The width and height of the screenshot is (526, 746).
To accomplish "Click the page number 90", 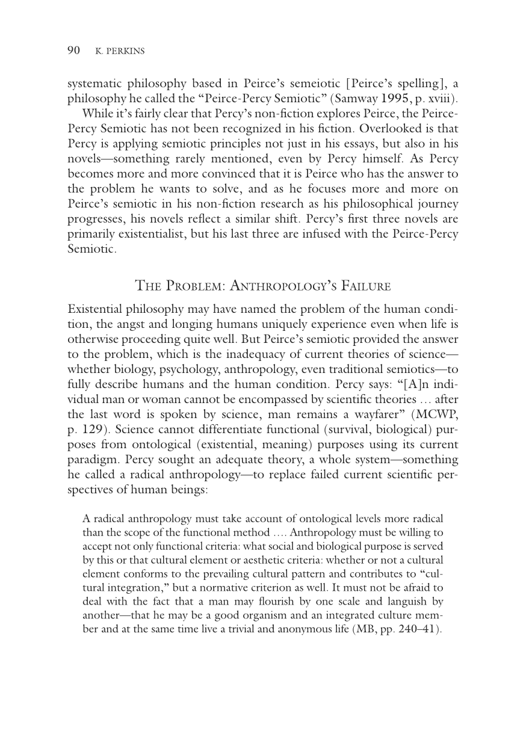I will (73, 51).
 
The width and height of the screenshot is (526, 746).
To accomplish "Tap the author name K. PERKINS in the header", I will (120, 52).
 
